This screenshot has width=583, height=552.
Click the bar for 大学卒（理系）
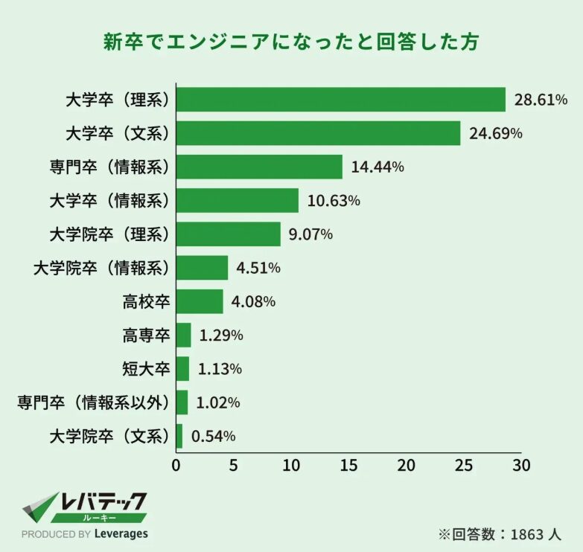point(340,100)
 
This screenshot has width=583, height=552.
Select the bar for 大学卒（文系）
point(318,133)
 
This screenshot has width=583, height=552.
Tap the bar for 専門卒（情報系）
point(259,167)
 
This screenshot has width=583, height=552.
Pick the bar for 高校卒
point(200,301)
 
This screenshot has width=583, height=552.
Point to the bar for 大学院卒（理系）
point(228,234)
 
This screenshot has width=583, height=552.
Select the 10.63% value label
point(334,201)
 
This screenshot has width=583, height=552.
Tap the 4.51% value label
point(258,268)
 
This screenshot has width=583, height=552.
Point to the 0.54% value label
point(214,436)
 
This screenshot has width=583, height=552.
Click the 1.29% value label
point(221,336)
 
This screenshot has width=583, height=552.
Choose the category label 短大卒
point(146,369)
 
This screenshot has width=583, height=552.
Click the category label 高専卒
point(146,336)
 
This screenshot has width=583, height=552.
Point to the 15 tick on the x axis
point(348,466)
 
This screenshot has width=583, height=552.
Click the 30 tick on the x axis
point(521,466)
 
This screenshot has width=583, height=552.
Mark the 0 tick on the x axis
point(176,466)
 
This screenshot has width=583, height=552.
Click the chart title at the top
point(290,42)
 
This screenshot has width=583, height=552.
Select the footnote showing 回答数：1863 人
point(499,533)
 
